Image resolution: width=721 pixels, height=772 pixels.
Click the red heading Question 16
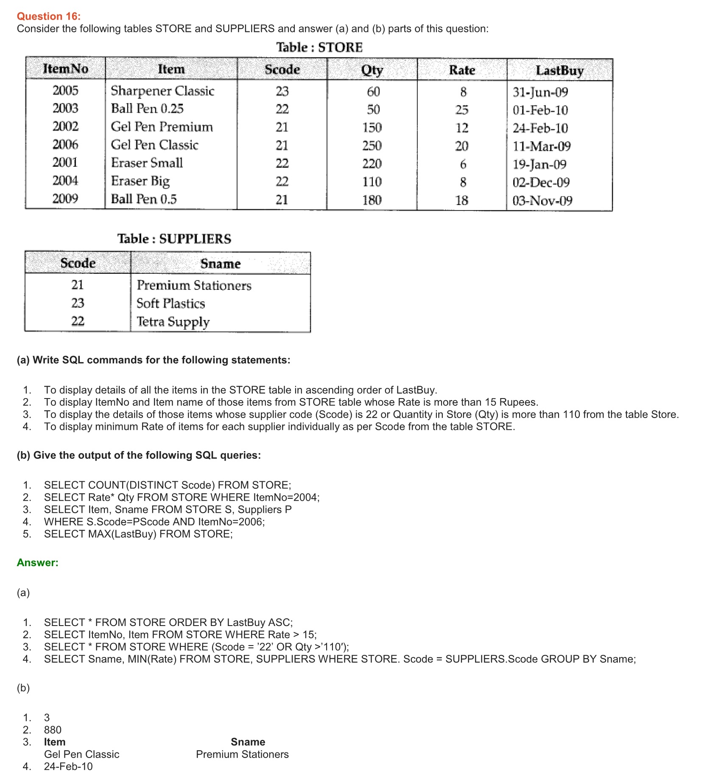[48, 16]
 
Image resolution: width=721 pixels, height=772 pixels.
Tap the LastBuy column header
[559, 70]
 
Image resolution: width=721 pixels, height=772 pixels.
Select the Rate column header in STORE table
[462, 70]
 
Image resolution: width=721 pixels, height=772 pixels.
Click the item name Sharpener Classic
[162, 91]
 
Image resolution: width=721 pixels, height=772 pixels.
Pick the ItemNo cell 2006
[65, 145]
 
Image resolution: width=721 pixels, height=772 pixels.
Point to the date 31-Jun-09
[540, 92]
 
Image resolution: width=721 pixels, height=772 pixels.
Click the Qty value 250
[372, 146]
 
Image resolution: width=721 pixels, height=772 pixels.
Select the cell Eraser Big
[140, 181]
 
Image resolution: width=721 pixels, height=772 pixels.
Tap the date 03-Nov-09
[542, 201]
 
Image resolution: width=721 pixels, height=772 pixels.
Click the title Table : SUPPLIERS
[174, 239]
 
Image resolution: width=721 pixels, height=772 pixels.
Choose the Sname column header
[221, 264]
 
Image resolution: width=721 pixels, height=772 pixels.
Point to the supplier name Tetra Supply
[173, 322]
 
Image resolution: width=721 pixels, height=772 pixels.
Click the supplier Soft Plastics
[170, 303]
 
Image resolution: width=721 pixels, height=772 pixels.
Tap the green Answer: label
[37, 563]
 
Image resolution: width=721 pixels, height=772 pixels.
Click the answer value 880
[53, 730]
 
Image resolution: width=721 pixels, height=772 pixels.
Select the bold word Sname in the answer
[248, 742]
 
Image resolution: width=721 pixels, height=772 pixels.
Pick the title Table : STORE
[319, 47]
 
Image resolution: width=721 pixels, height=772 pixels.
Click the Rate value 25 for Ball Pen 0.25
[462, 110]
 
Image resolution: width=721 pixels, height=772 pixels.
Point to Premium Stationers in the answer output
[242, 754]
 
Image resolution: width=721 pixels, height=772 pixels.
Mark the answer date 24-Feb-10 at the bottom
[68, 766]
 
